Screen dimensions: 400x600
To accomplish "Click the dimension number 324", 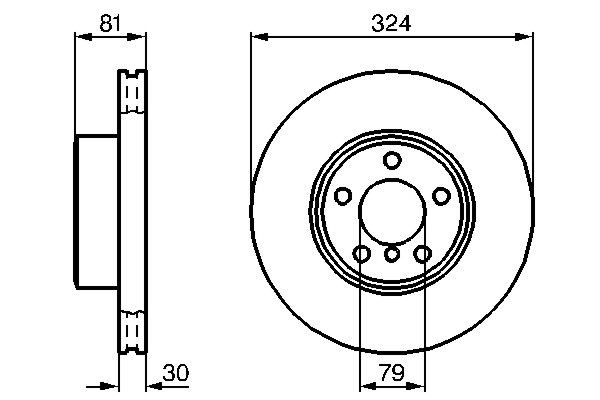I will click(x=391, y=21).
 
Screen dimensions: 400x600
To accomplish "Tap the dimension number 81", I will click(x=110, y=21).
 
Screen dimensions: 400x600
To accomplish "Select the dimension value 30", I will click(x=175, y=373).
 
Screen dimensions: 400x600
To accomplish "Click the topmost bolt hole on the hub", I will click(x=392, y=161).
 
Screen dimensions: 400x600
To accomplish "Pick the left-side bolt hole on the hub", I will click(x=342, y=196).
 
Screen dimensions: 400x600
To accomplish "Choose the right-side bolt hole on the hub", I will click(x=441, y=196).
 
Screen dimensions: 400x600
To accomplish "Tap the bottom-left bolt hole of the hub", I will click(x=361, y=254).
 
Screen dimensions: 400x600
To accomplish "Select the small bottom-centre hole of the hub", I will click(x=392, y=255).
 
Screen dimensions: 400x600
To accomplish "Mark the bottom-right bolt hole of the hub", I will click(x=422, y=254).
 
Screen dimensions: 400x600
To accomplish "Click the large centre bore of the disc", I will click(x=391, y=212).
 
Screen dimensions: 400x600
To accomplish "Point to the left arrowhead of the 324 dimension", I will click(x=257, y=37).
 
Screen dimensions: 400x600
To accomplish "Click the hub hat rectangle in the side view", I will click(x=97, y=211).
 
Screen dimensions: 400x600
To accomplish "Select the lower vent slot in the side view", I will click(x=130, y=330).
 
